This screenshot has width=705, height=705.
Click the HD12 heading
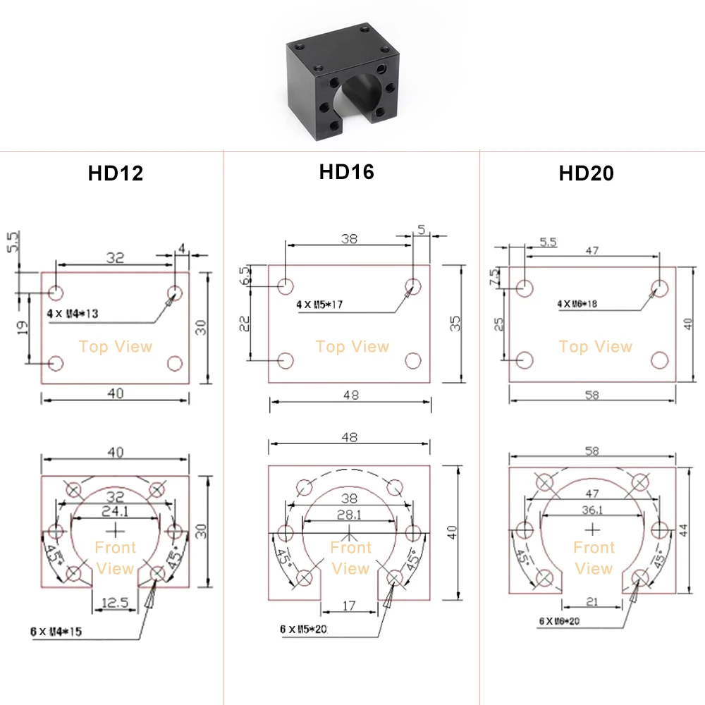tap(116, 173)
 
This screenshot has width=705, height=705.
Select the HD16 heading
tap(347, 172)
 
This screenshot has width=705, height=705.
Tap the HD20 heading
tap(587, 173)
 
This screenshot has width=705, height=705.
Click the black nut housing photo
tap(343, 81)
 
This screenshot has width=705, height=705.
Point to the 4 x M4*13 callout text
tap(73, 314)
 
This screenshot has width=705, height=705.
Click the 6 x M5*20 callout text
tap(303, 629)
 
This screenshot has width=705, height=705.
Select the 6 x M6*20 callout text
tap(559, 621)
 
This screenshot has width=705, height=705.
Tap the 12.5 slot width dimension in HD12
tap(115, 602)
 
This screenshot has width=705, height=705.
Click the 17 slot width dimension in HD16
tap(349, 606)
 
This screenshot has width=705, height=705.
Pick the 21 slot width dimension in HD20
tap(592, 601)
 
